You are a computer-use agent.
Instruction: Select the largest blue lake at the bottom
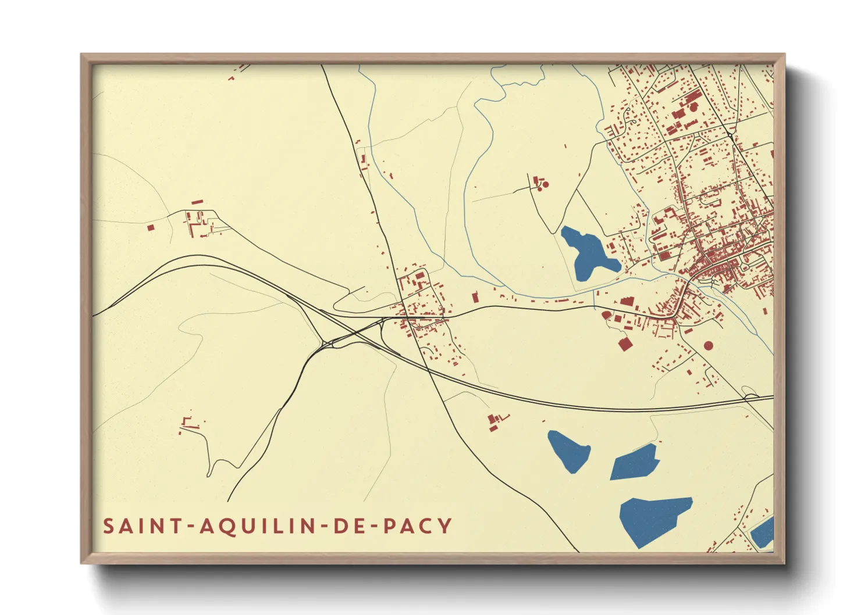click(653, 520)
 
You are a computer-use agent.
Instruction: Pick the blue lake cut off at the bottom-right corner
click(763, 532)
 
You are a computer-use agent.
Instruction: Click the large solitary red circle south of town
click(708, 345)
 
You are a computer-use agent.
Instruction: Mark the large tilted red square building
click(625, 344)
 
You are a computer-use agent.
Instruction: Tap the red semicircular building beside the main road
click(607, 316)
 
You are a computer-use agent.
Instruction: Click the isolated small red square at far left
click(151, 228)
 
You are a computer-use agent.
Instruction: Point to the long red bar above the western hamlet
click(197, 202)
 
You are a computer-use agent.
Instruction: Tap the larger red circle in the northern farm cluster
click(546, 184)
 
